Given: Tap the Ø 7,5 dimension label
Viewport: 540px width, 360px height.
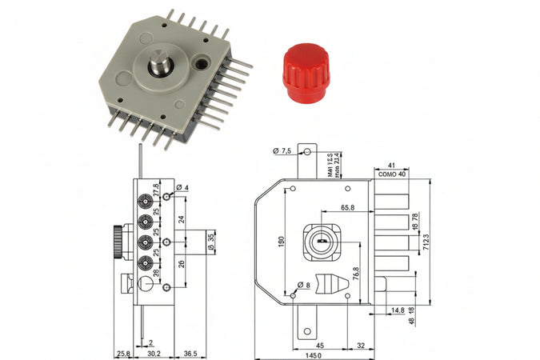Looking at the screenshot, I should [x=283, y=150].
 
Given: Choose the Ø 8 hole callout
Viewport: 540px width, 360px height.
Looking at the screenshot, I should [x=303, y=285].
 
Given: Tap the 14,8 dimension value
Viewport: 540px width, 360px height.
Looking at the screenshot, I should [x=398, y=309].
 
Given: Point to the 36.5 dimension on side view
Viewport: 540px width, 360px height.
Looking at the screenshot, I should [x=190, y=353].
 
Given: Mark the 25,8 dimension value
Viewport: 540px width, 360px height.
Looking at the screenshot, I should [x=122, y=353].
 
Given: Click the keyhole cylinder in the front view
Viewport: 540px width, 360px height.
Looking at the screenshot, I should [x=320, y=238].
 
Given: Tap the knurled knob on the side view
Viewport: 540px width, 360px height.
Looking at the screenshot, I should [x=117, y=242].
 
